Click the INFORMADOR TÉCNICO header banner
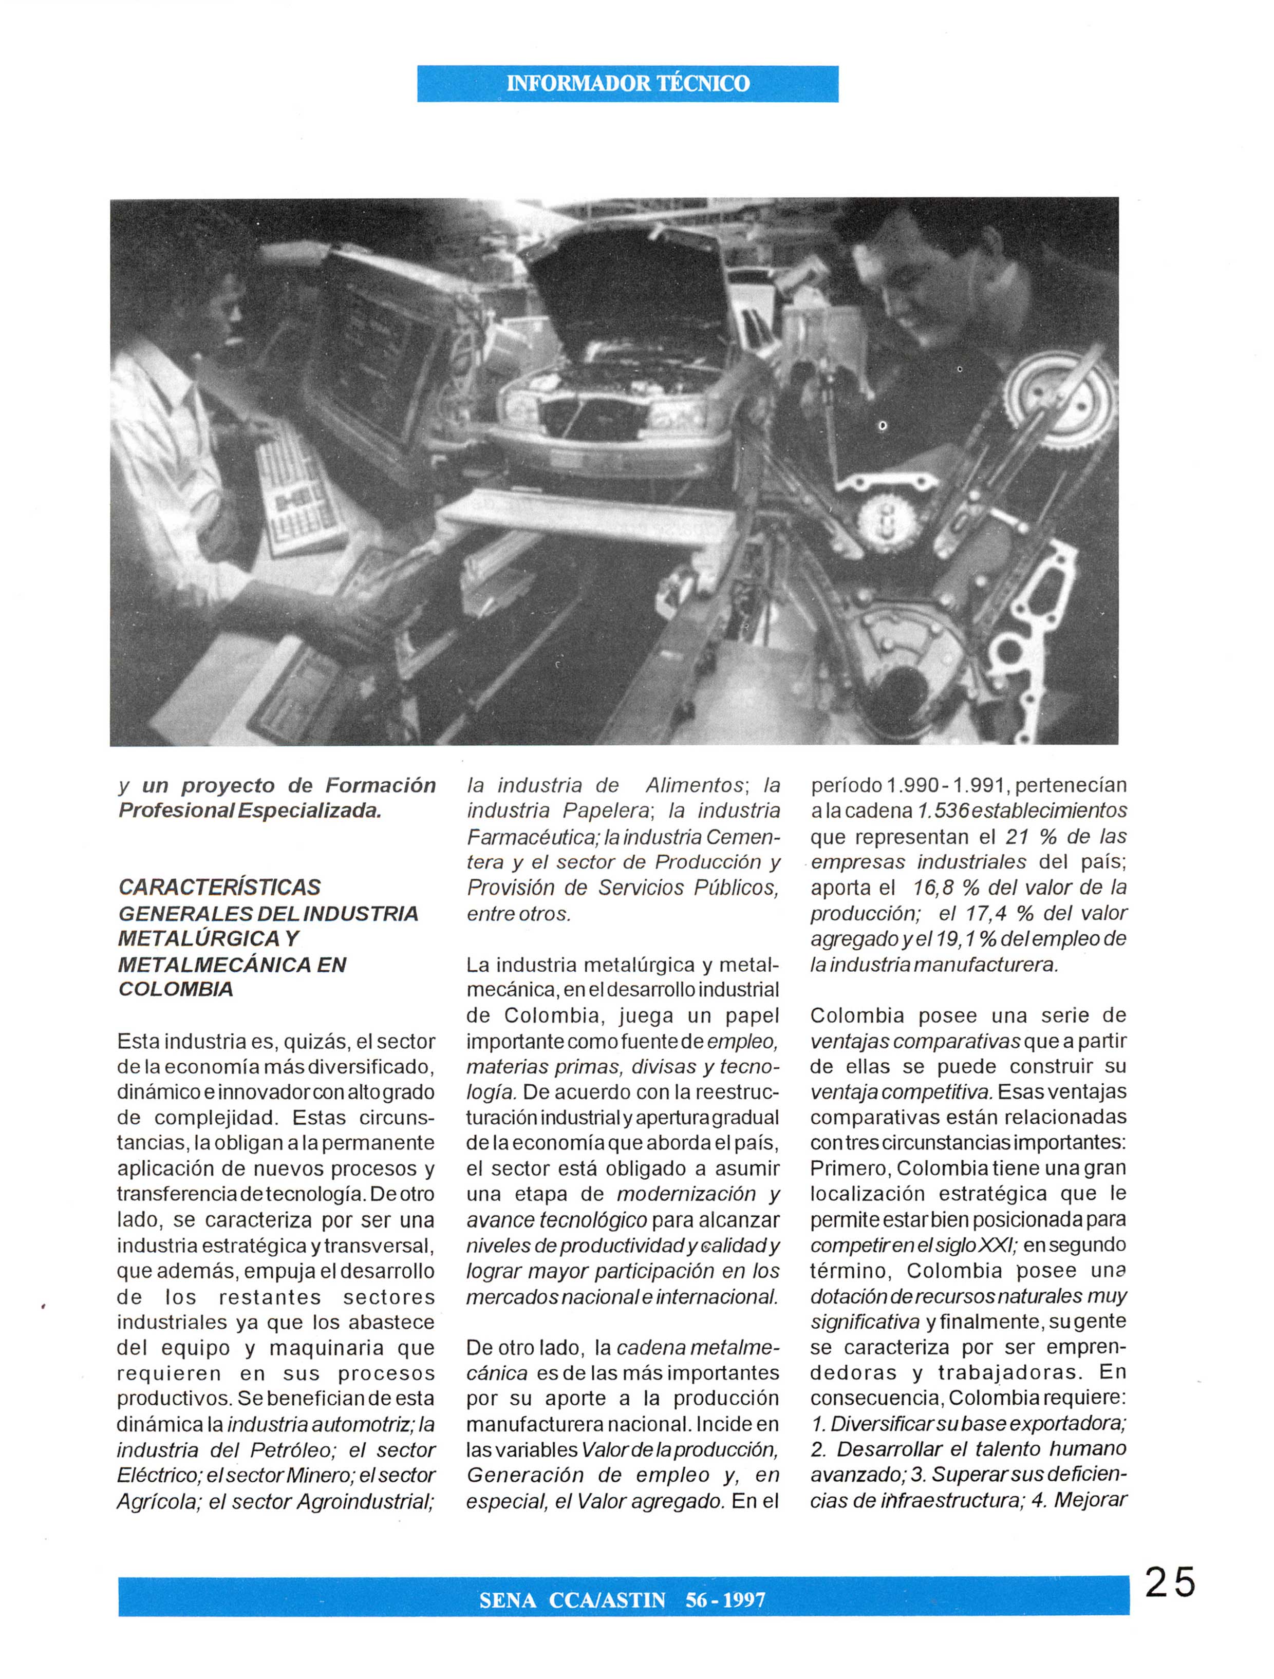tap(627, 84)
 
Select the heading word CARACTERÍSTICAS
tap(219, 888)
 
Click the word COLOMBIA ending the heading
tap(175, 989)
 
